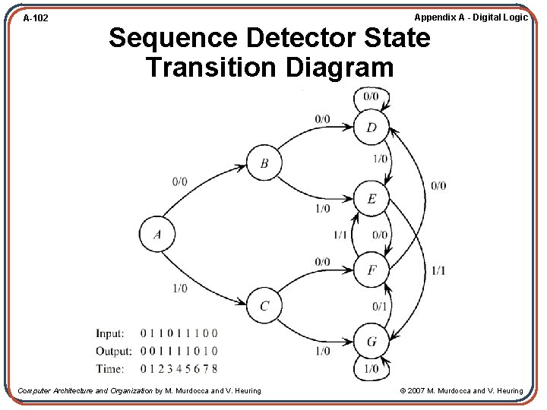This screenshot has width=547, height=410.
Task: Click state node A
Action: pos(157,234)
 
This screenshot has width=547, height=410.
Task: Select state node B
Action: pos(264,163)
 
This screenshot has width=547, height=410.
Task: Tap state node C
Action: pos(264,306)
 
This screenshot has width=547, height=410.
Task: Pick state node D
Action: pos(372,127)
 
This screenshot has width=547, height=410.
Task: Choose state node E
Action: pos(372,199)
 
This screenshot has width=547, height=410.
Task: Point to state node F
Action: pos(372,270)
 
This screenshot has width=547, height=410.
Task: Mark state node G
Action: pos(372,342)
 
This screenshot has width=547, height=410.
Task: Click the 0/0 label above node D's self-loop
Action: pos(371,96)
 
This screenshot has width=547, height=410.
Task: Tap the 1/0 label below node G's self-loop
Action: pos(371,370)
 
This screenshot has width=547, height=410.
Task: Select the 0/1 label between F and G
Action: pos(380,306)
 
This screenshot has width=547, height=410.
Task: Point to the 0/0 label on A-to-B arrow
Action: pos(179,181)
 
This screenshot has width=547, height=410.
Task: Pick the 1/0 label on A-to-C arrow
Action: pos(179,289)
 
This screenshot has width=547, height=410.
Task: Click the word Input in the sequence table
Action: pos(111,333)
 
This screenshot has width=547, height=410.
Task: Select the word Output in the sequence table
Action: pos(114,351)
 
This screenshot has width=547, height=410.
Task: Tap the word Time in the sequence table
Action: pos(111,369)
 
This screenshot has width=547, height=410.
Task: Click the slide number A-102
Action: pos(36,17)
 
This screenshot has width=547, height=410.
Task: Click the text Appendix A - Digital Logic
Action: pos(470,17)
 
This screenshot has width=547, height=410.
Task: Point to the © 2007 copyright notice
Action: pos(461,391)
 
